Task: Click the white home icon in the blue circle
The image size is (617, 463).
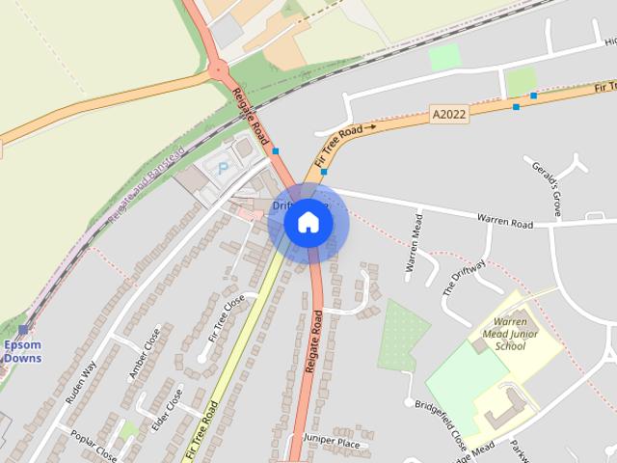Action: (x=308, y=223)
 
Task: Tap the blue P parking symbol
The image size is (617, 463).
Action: (x=224, y=167)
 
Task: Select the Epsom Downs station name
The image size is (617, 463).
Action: (x=22, y=351)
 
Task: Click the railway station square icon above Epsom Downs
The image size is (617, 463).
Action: (x=23, y=330)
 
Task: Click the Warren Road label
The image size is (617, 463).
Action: (x=506, y=224)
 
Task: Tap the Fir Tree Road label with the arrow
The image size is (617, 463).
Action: (x=345, y=129)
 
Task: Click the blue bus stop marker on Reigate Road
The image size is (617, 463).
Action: (x=276, y=151)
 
